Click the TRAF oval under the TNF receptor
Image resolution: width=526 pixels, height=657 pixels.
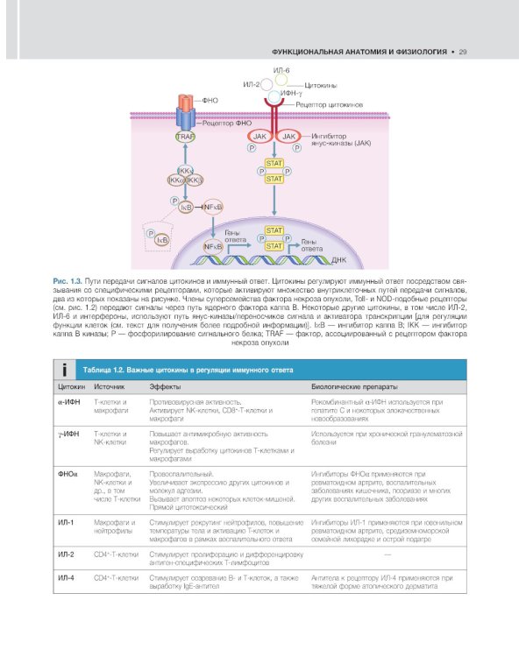click(x=185, y=138)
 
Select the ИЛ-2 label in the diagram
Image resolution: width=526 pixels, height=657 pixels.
click(x=252, y=84)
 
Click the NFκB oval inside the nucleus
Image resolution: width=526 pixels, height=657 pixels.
click(x=213, y=247)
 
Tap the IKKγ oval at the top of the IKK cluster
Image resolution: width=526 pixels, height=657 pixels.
click(x=185, y=171)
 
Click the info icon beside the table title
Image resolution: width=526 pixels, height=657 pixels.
click(x=62, y=371)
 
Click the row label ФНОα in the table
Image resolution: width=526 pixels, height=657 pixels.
click(x=68, y=473)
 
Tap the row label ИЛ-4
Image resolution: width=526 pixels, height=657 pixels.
click(x=66, y=578)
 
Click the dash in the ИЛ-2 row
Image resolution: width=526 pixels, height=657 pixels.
click(x=387, y=555)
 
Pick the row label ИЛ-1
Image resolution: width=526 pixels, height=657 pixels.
click(x=66, y=521)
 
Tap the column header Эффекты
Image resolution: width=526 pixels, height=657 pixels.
click(x=166, y=386)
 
